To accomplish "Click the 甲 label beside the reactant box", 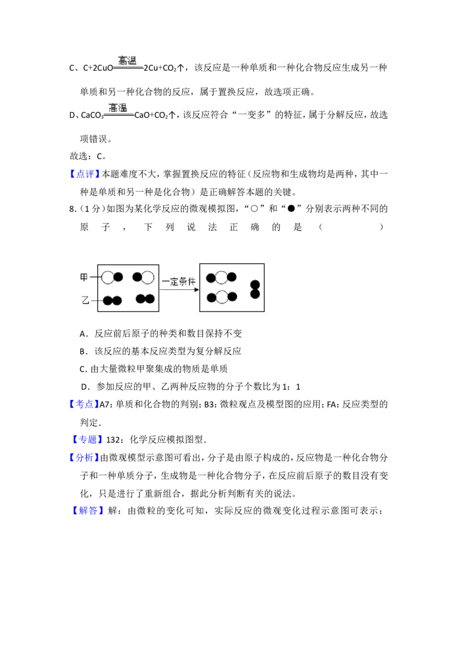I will [84, 277].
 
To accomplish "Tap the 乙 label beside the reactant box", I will [85, 300].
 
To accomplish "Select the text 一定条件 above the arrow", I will [179, 281].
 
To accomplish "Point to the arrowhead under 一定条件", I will [196, 290].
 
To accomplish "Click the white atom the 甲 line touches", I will [107, 277].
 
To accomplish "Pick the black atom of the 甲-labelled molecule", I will [118, 277].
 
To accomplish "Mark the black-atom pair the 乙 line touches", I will [113, 301].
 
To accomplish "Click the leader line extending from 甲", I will [95, 277].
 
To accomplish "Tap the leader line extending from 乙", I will [97, 301].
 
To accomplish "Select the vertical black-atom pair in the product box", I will [255, 289].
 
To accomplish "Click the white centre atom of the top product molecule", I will [222, 278].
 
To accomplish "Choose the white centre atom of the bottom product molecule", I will [222, 297].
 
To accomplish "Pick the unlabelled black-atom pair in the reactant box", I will [145, 298].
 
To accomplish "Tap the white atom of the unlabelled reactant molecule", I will [148, 277].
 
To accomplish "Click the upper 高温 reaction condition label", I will [127, 60].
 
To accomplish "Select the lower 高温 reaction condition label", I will [118, 108].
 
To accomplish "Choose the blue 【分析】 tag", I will [85, 458].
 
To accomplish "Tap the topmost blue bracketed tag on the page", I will [86, 173].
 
